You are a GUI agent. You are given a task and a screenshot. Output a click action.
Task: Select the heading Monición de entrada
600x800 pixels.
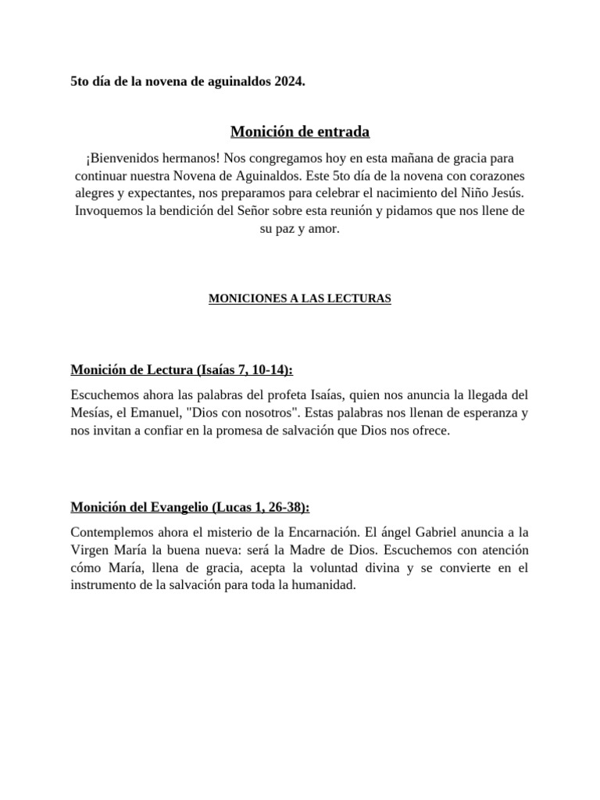click(x=300, y=131)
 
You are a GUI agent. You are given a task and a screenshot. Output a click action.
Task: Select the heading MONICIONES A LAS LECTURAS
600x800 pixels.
click(x=300, y=298)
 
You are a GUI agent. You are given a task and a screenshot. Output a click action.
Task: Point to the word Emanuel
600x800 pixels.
click(x=170, y=412)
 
